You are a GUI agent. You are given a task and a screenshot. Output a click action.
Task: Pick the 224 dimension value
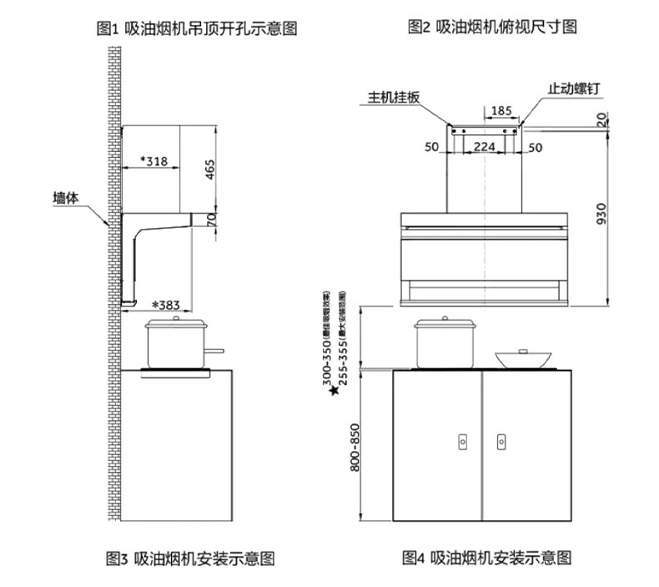[485, 147]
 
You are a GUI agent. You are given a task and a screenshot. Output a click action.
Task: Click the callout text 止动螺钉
[575, 88]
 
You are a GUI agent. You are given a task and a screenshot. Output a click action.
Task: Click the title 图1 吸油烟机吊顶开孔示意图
[197, 29]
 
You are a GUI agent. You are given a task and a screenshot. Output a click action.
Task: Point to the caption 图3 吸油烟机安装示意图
[190, 558]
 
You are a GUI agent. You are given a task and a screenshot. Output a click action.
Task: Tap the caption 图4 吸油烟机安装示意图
[487, 558]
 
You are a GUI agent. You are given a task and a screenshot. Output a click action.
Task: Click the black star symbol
[333, 390]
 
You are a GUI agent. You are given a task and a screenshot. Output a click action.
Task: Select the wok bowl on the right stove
[526, 358]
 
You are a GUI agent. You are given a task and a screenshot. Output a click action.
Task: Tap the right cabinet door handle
[501, 440]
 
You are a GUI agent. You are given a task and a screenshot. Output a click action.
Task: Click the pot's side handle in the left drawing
[215, 351]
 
